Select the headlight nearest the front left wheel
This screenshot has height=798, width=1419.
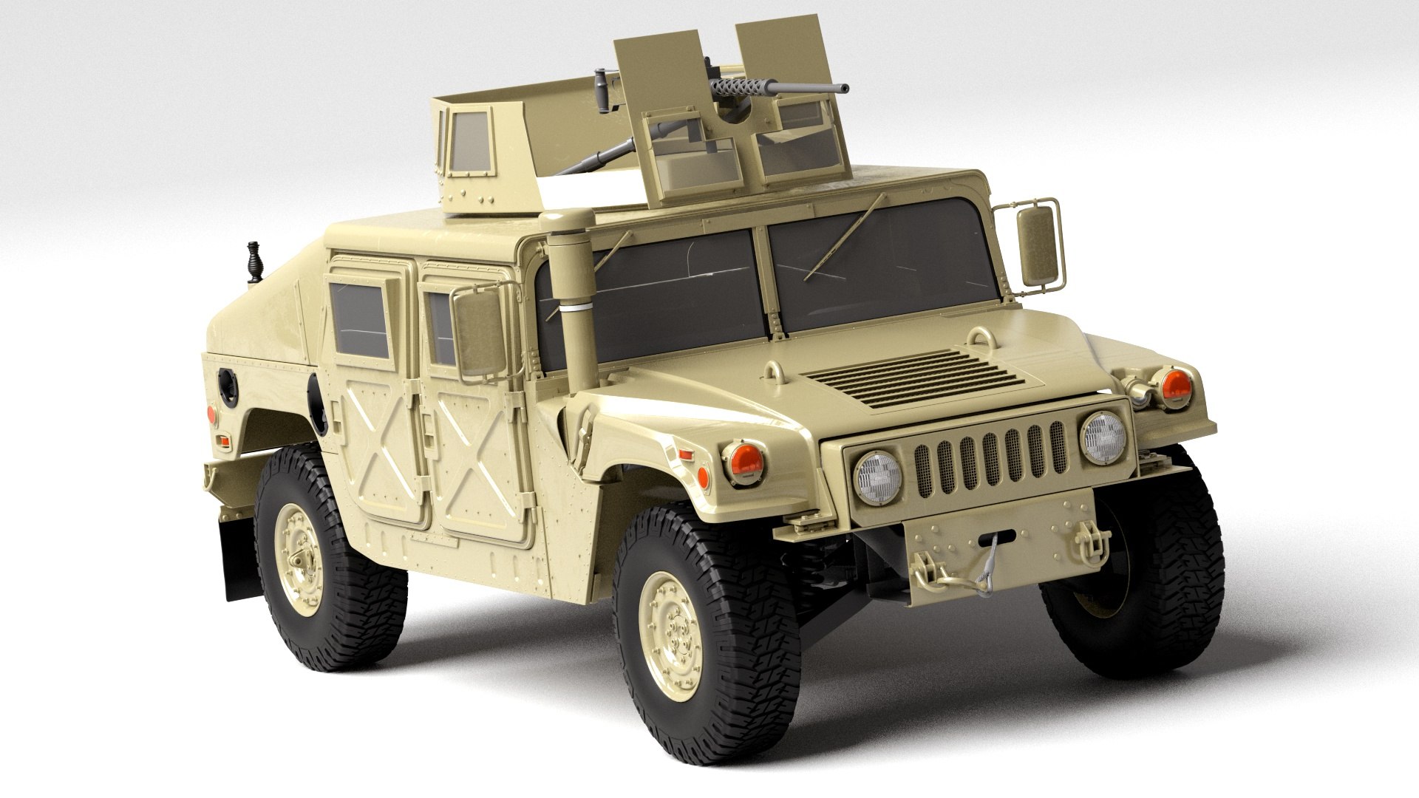click(x=877, y=476)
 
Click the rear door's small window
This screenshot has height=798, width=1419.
click(x=361, y=318)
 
